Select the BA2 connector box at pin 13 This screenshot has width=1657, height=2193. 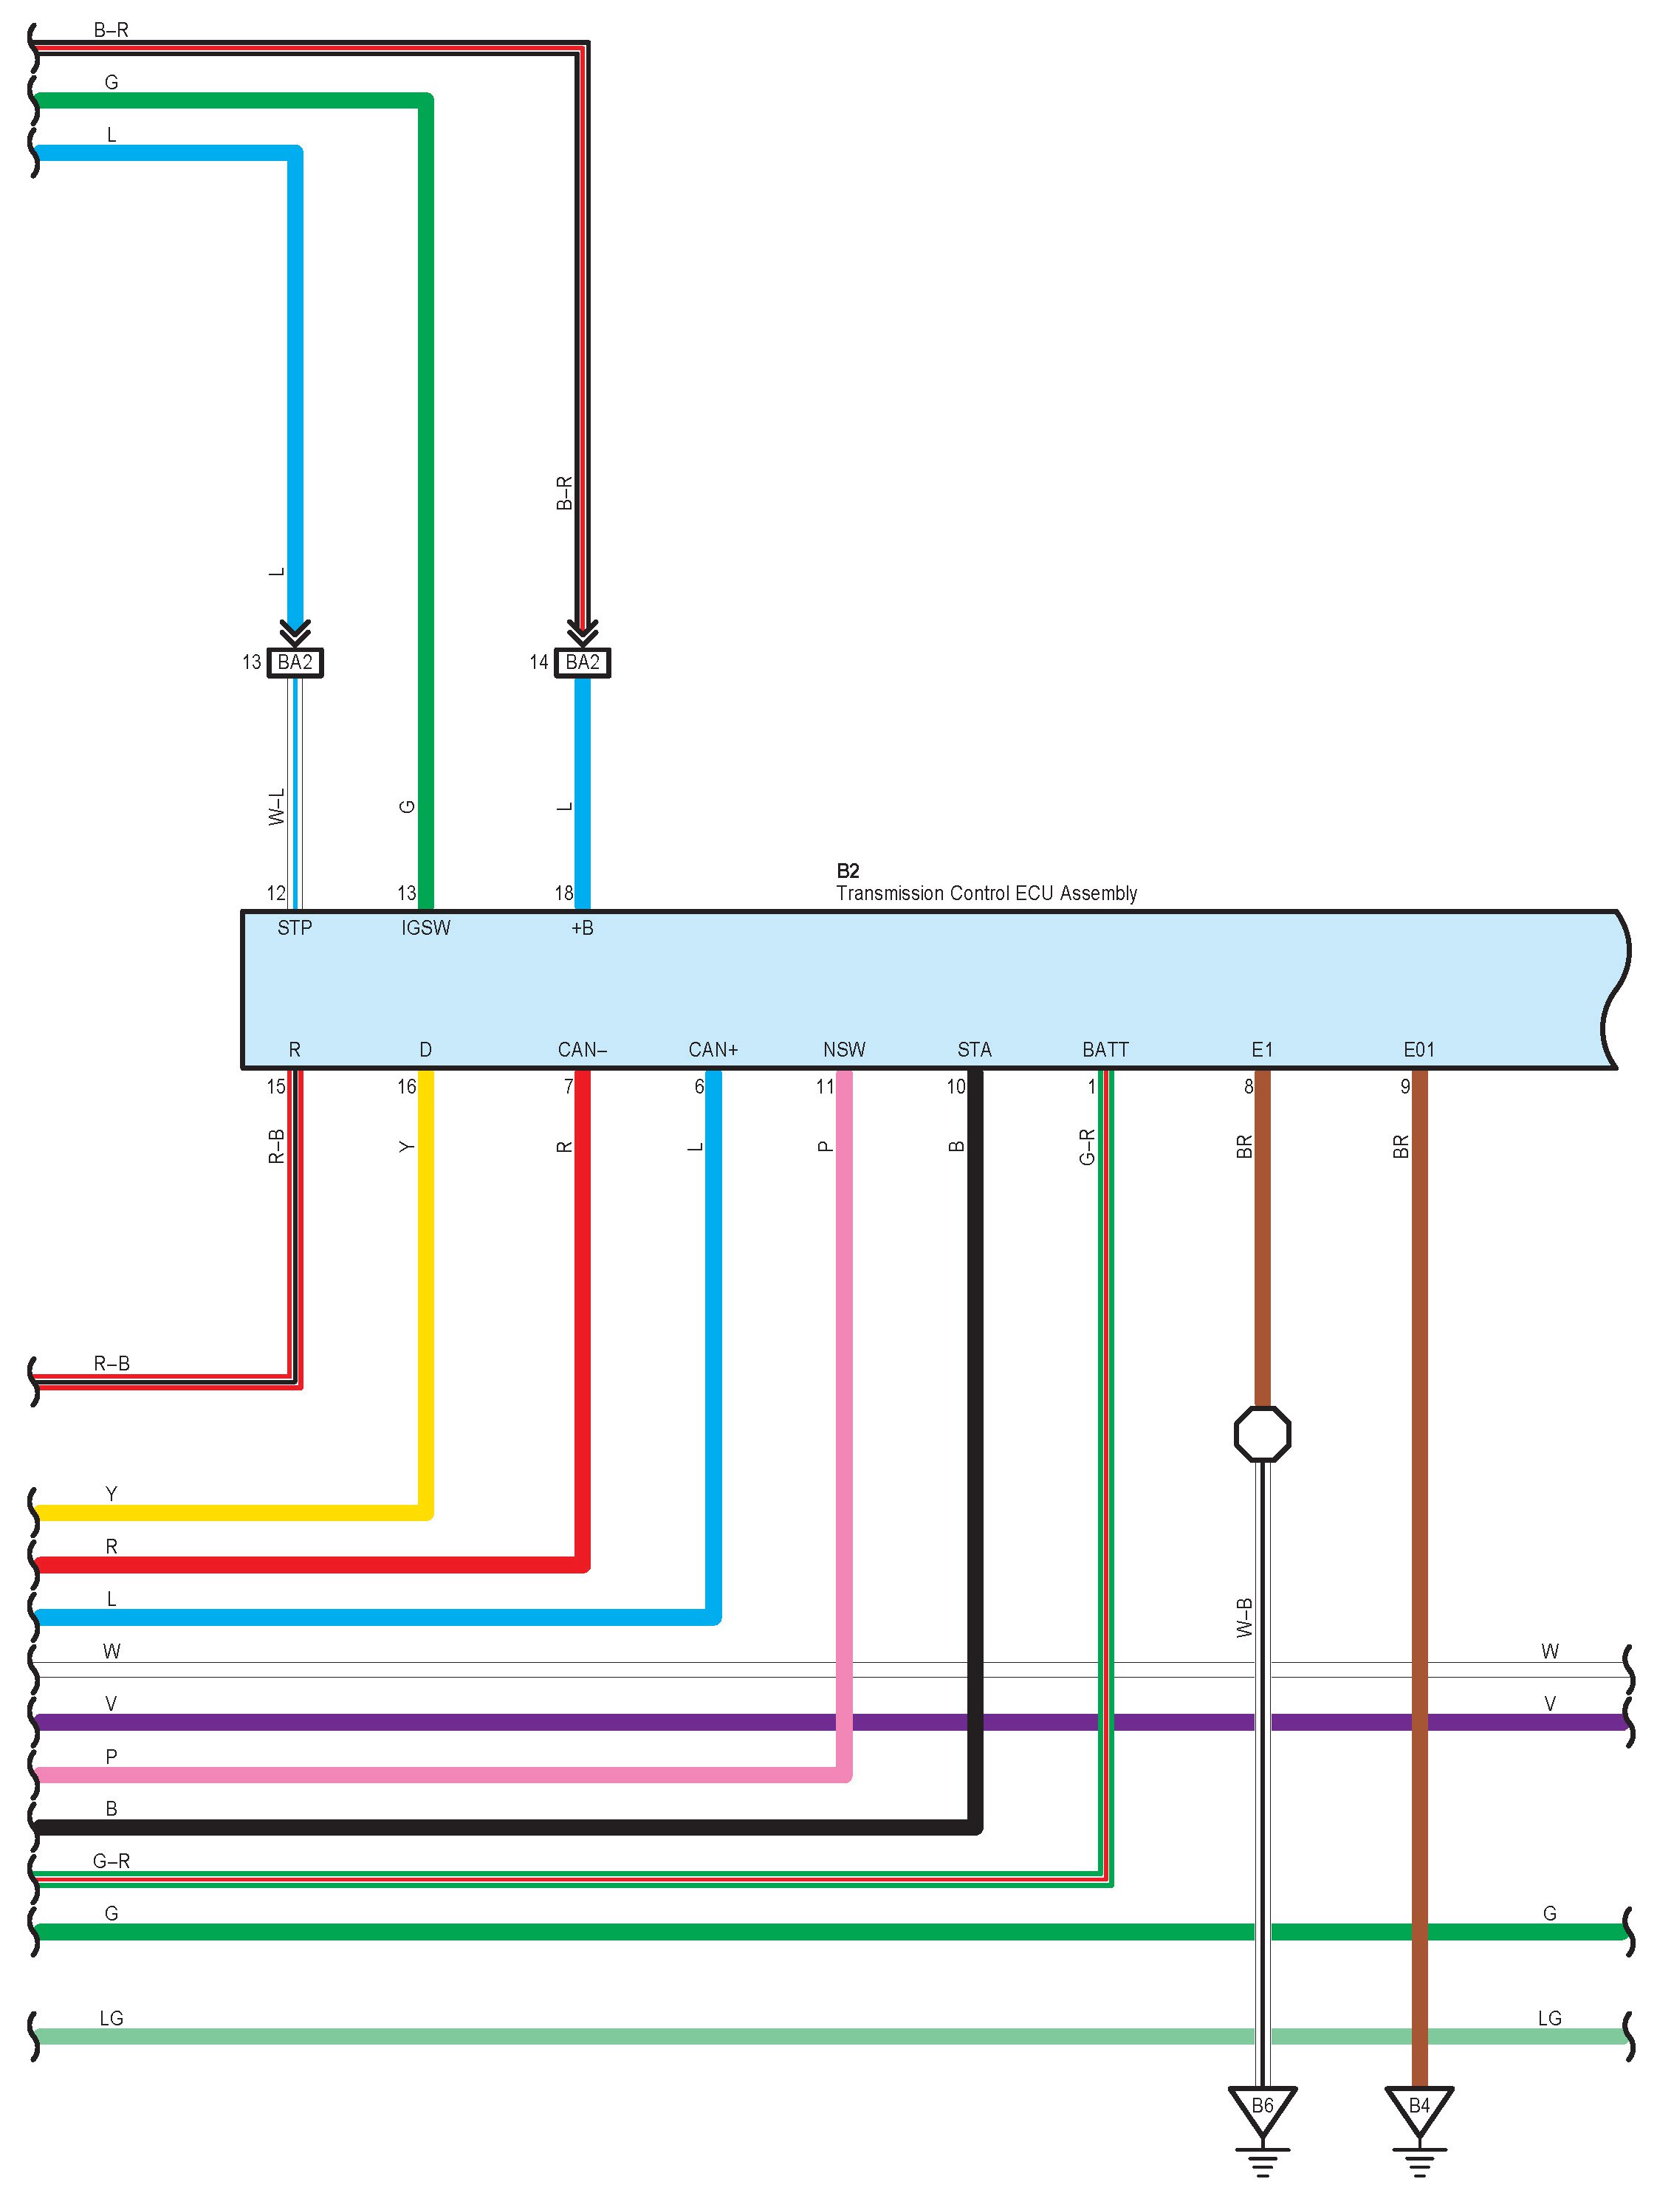(x=295, y=662)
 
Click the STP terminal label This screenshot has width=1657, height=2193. (x=295, y=928)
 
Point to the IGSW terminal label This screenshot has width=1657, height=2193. (x=425, y=928)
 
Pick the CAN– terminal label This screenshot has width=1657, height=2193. (x=582, y=1050)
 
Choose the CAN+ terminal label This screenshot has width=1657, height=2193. (x=713, y=1050)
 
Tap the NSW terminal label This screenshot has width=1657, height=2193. (x=844, y=1050)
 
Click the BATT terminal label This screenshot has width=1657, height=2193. (x=1105, y=1050)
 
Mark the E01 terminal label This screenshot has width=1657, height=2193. (x=1419, y=1050)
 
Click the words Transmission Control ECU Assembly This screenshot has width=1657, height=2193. (x=986, y=893)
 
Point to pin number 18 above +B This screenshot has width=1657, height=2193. (x=563, y=893)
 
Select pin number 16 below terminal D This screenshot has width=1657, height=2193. (x=407, y=1087)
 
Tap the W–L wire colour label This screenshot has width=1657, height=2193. (x=277, y=807)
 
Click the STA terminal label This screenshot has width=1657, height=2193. (x=974, y=1050)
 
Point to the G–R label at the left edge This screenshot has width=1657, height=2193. (x=111, y=1861)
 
